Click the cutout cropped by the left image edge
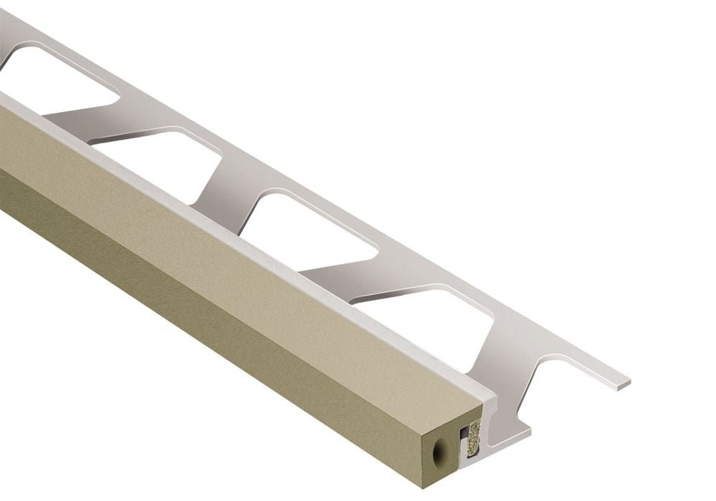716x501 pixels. (x=50, y=79)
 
